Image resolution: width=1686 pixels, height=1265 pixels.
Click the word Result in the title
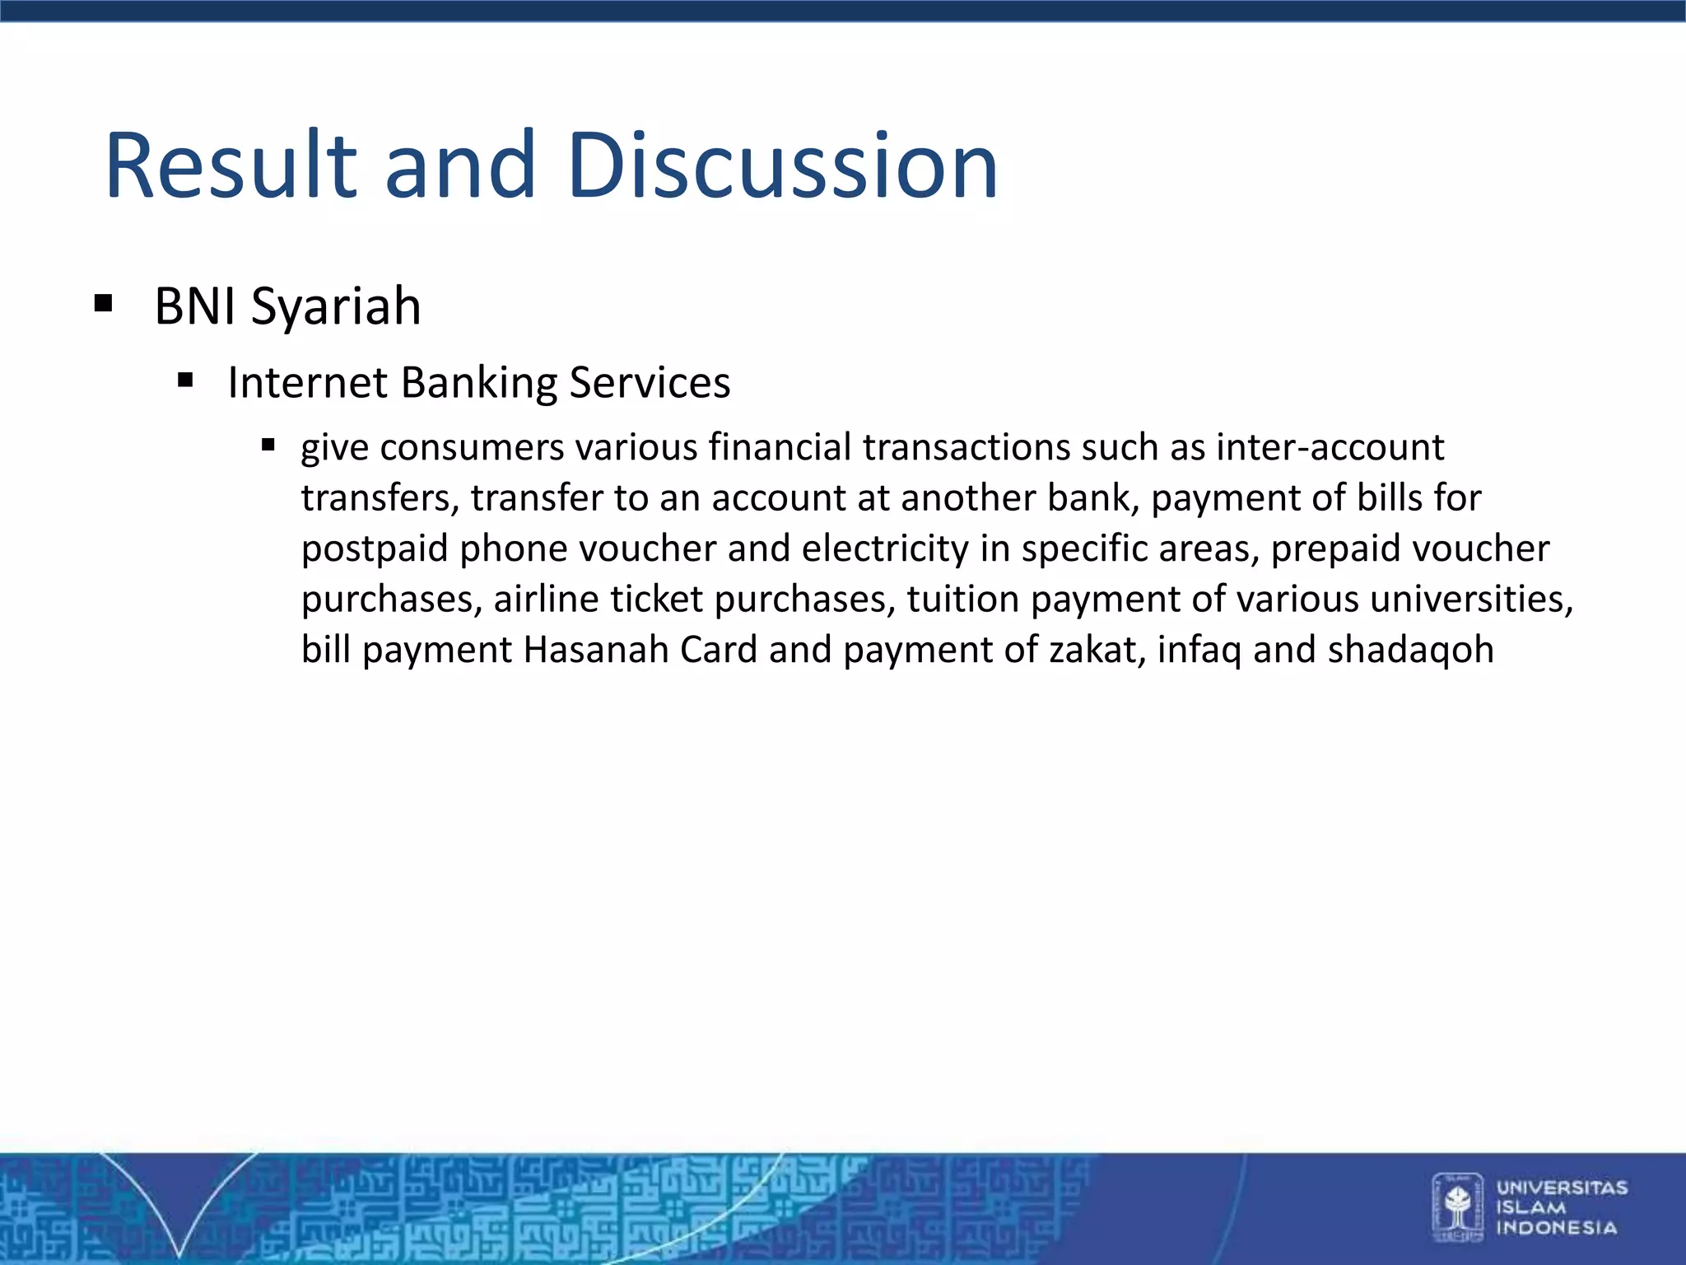coord(231,166)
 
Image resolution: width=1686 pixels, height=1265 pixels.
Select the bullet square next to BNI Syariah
coord(103,304)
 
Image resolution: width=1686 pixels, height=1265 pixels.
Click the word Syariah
coord(336,307)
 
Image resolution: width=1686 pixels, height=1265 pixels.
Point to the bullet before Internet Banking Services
coord(185,380)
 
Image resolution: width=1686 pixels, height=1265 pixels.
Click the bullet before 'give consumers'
coord(268,446)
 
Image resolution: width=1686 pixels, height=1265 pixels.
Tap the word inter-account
coord(1330,447)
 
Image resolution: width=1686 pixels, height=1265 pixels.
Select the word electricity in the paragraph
coord(885,548)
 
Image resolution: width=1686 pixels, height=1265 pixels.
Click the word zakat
coord(1096,650)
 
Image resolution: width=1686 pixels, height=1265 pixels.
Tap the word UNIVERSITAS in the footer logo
coord(1562,1188)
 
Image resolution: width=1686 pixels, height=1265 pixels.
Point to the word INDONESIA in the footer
coord(1556,1228)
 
